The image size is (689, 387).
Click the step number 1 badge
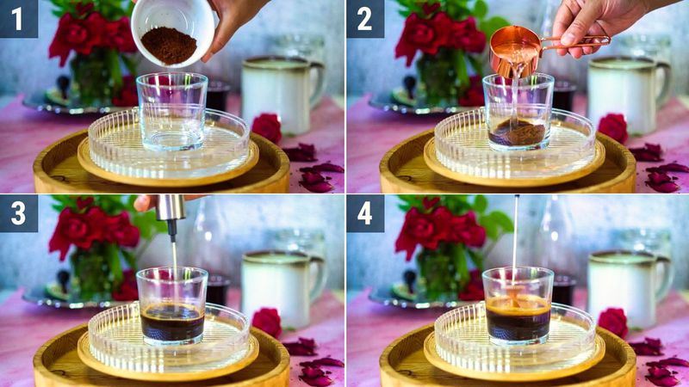click(19, 18)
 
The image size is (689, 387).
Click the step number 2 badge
click(365, 18)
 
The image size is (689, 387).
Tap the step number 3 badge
click(19, 212)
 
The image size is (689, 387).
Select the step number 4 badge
click(365, 212)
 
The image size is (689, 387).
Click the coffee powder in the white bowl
click(169, 45)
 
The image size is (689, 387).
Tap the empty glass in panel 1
click(172, 112)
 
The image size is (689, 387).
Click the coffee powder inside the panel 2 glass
click(518, 133)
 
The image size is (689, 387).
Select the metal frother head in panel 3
click(171, 208)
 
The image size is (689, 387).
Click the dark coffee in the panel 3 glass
click(172, 325)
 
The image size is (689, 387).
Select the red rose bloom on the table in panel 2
click(613, 127)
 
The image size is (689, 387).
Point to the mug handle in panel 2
click(662, 83)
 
